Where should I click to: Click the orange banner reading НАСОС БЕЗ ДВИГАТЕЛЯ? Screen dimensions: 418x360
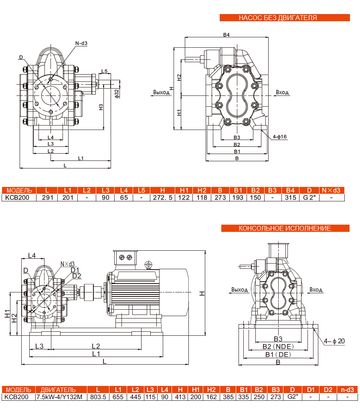point(285,18)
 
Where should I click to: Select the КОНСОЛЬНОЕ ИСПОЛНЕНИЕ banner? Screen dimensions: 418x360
point(285,228)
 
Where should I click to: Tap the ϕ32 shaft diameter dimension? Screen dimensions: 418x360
point(117,93)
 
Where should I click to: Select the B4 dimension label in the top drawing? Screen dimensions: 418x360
point(227,35)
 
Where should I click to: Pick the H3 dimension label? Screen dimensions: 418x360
point(101,107)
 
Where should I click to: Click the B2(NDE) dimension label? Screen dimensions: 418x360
point(278,347)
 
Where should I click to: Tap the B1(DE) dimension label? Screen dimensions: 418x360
point(278,355)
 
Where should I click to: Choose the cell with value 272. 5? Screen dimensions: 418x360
point(163,197)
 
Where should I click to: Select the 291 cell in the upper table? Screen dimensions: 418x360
point(47,197)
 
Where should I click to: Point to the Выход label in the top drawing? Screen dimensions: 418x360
point(162,92)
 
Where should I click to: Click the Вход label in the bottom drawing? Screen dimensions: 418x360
point(316,289)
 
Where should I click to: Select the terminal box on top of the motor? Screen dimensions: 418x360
point(125,258)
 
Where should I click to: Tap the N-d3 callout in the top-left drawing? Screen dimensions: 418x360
point(81,43)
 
